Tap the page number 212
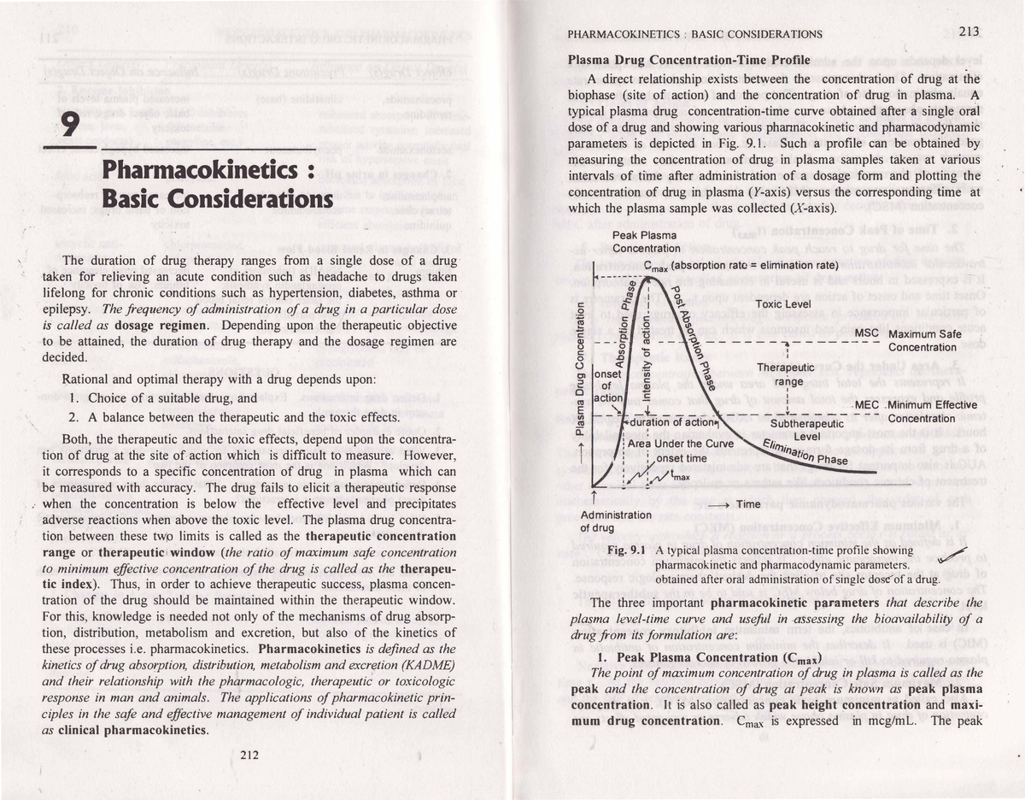pos(249,754)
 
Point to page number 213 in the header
pos(969,32)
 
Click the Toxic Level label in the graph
pos(786,303)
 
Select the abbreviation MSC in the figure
pos(867,332)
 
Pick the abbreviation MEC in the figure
pos(867,404)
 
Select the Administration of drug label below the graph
pos(615,521)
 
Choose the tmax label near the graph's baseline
pos(680,475)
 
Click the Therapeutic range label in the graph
pos(783,374)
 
